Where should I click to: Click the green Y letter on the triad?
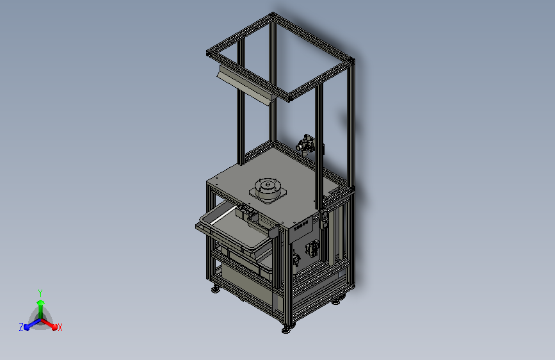(x=40, y=291)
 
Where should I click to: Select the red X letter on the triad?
(x=60, y=327)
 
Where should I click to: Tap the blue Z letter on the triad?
(x=21, y=327)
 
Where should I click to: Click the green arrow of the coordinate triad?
(x=40, y=304)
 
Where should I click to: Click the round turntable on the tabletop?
(x=268, y=188)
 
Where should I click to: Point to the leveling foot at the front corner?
(x=286, y=329)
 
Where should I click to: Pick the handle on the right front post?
(x=324, y=219)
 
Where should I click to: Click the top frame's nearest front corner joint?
(x=287, y=99)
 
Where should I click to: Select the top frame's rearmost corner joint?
(x=273, y=16)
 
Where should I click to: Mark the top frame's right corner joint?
(x=351, y=61)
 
